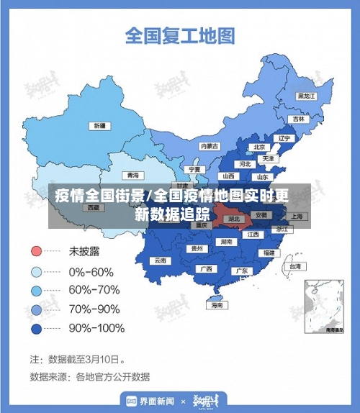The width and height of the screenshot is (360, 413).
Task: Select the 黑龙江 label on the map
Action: pyautogui.click(x=307, y=95)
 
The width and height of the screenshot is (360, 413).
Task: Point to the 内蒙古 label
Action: pyautogui.click(x=209, y=145)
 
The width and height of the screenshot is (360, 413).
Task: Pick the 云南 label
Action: pyautogui.click(x=160, y=260)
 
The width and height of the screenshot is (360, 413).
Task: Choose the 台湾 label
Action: pyautogui.click(x=294, y=266)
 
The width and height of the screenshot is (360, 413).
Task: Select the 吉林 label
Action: pyautogui.click(x=298, y=119)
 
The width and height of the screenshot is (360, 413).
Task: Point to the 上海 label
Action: pyautogui.click(x=295, y=215)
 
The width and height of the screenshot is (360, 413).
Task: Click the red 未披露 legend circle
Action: pyautogui.click(x=36, y=253)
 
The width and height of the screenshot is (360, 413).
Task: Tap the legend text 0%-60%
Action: pyautogui.click(x=91, y=272)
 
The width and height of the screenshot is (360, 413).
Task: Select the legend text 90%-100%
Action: pyautogui.click(x=96, y=328)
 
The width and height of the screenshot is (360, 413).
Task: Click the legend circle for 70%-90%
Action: pyautogui.click(x=36, y=309)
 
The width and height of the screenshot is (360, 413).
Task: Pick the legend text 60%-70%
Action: pyautogui.click(x=94, y=291)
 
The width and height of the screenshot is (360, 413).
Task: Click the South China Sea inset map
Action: pyautogui.click(x=323, y=305)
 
